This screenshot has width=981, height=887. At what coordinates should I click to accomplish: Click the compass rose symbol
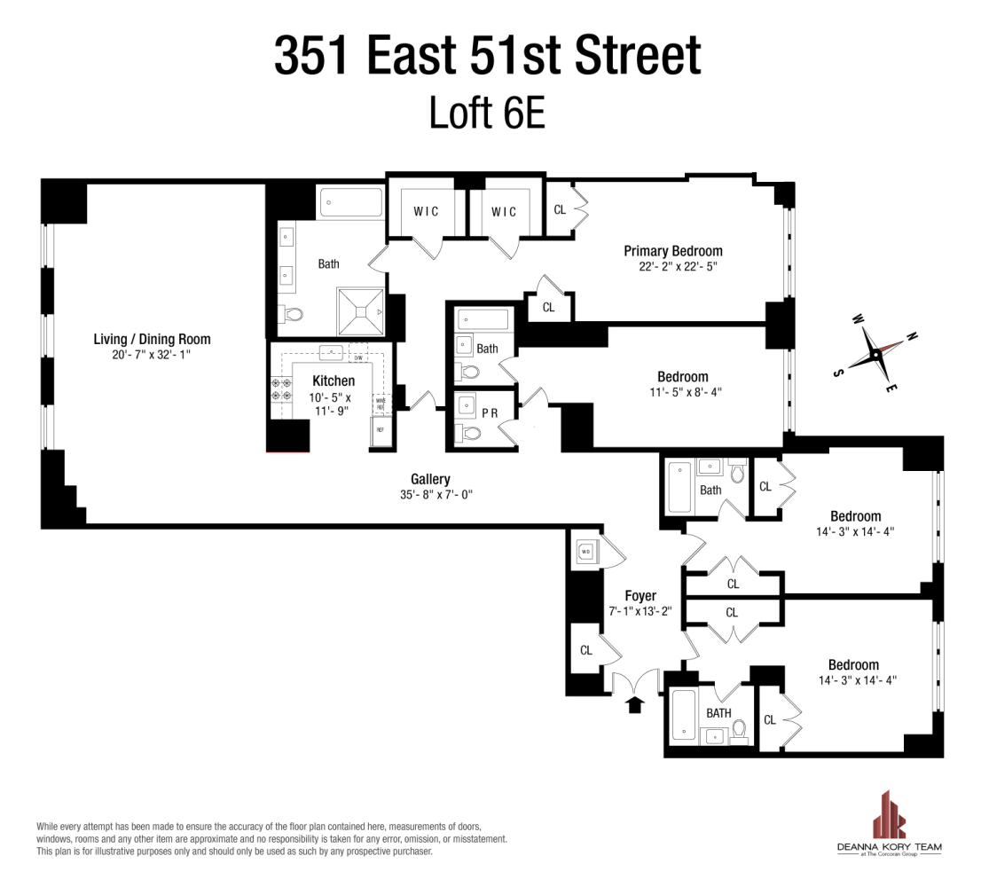tap(874, 353)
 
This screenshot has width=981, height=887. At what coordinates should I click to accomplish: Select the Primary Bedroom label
tap(672, 251)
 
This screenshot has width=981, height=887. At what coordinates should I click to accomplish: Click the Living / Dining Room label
tap(153, 339)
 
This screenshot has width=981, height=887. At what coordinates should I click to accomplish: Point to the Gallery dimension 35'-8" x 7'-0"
tap(430, 495)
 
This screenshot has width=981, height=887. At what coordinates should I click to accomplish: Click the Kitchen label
tap(334, 381)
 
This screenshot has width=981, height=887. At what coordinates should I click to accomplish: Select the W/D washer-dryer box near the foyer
tap(586, 552)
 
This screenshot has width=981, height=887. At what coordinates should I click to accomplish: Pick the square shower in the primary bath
tap(360, 310)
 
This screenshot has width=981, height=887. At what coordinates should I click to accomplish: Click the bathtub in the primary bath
tap(351, 203)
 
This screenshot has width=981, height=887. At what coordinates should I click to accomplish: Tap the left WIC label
tap(427, 212)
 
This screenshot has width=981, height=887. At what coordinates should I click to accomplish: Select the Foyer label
tap(640, 596)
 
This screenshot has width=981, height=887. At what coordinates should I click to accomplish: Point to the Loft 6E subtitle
tap(487, 114)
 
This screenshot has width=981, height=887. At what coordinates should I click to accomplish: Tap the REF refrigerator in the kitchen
tap(381, 430)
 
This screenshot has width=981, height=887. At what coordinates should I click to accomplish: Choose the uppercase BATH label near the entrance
tap(718, 712)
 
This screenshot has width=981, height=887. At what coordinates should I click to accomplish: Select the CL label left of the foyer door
tap(585, 650)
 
